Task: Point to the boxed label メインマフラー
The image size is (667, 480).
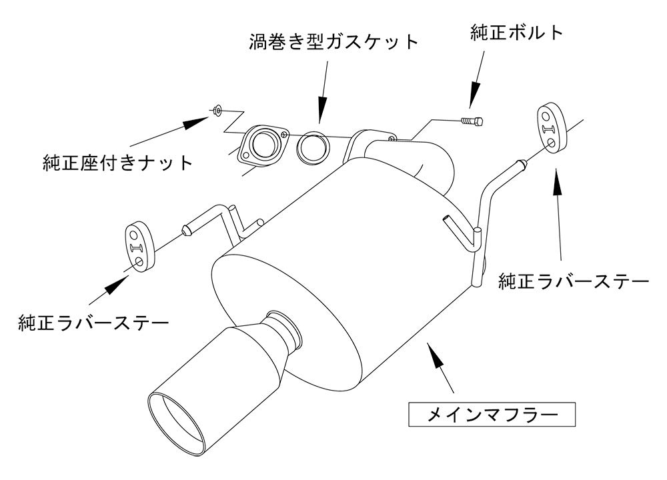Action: tap(492, 415)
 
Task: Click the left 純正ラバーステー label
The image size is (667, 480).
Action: tap(93, 324)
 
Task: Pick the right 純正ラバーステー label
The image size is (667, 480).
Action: tap(574, 282)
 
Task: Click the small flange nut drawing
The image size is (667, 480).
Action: tap(217, 109)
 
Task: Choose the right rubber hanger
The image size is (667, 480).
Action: tap(550, 127)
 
